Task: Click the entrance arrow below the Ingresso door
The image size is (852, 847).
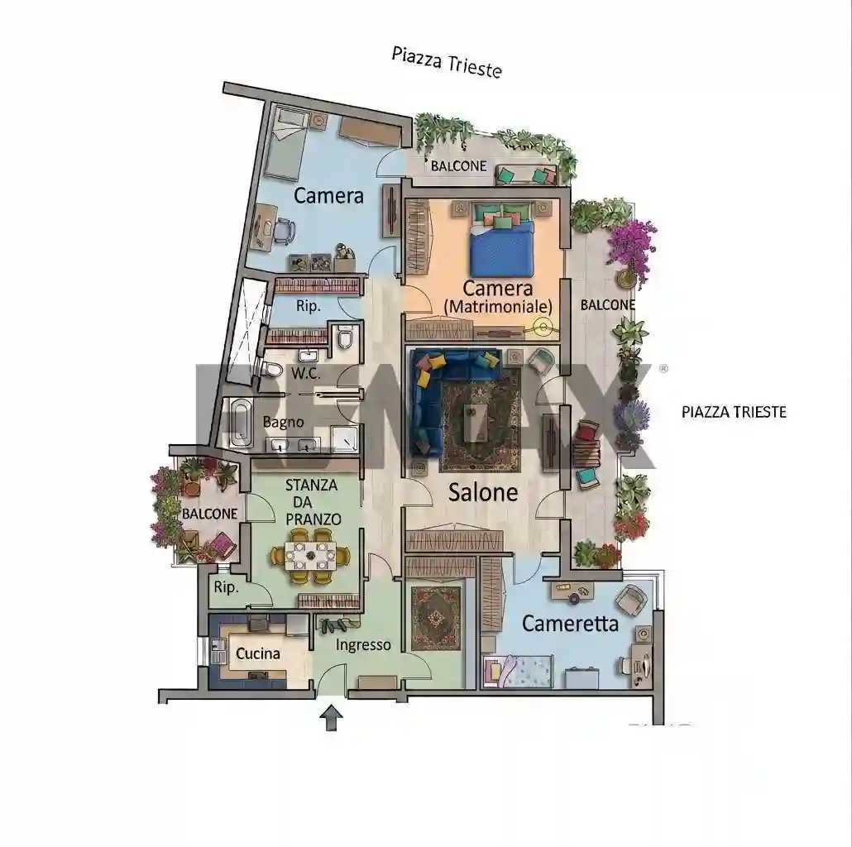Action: point(331,718)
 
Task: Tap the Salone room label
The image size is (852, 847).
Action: point(483,492)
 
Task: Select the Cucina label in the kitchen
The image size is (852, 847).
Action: point(257,653)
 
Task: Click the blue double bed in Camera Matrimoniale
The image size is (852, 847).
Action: point(502,247)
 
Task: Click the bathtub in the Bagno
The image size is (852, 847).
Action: point(240,423)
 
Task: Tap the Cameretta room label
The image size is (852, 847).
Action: point(570,624)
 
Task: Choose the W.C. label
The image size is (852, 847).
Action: point(306,373)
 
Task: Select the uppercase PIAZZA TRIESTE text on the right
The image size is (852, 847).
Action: point(734,412)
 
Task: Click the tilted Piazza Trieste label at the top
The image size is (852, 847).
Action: point(447,62)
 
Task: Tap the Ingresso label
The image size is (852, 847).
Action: point(363,645)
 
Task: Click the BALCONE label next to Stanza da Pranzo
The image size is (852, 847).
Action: point(210,514)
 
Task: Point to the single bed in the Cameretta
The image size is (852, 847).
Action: point(518,672)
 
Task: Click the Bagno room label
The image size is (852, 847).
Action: point(283,422)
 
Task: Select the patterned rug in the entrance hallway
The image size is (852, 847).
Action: point(436,618)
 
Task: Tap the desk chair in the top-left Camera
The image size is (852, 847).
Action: point(283,230)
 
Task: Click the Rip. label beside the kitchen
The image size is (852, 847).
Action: point(226,587)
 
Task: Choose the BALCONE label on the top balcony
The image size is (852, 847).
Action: point(458,165)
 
